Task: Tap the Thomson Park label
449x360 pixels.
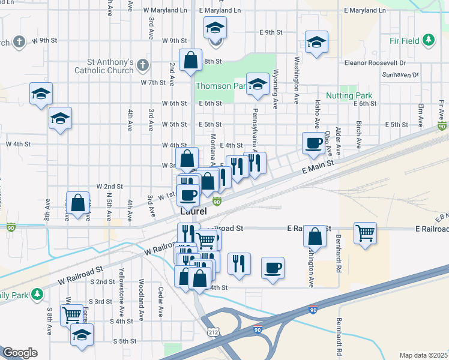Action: [x=221, y=86]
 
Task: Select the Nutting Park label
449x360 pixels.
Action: [x=349, y=96]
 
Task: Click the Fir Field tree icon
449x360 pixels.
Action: [x=428, y=40]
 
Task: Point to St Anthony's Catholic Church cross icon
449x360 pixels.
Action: [x=142, y=64]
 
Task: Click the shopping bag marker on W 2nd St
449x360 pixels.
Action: [x=77, y=203]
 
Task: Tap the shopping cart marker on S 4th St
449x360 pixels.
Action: [x=71, y=313]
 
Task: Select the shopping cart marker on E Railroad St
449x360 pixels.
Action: [x=365, y=232]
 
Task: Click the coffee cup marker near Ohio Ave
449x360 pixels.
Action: [x=313, y=143]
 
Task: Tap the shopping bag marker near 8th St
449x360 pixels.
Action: [x=190, y=60]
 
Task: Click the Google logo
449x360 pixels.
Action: [x=20, y=353]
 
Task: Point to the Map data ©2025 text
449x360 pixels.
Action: [x=423, y=355]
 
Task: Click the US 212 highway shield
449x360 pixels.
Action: [x=212, y=331]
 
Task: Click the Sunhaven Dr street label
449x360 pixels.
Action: [x=399, y=74]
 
